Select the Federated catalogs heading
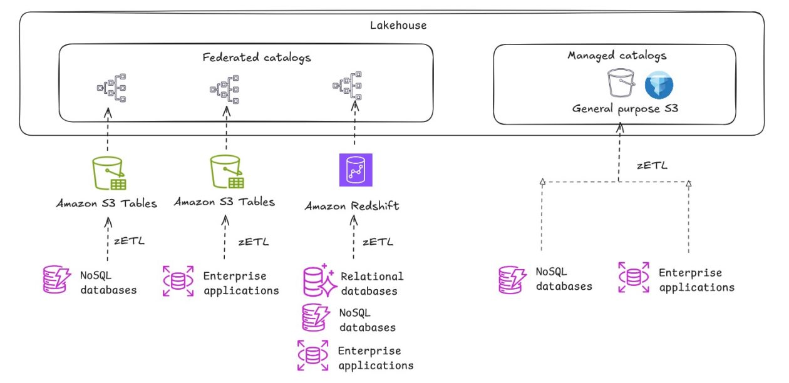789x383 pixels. click(x=257, y=58)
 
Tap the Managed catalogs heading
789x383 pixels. click(x=617, y=56)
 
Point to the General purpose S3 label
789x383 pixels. click(x=625, y=108)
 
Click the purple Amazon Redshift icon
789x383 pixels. click(x=355, y=170)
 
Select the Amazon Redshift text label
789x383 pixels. click(x=351, y=206)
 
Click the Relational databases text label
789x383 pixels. click(x=372, y=283)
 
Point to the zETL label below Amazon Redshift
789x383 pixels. click(x=378, y=242)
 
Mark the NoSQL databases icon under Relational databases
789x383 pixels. click(x=314, y=317)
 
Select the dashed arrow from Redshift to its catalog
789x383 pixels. click(x=355, y=128)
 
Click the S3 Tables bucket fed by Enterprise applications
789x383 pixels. click(x=225, y=172)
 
